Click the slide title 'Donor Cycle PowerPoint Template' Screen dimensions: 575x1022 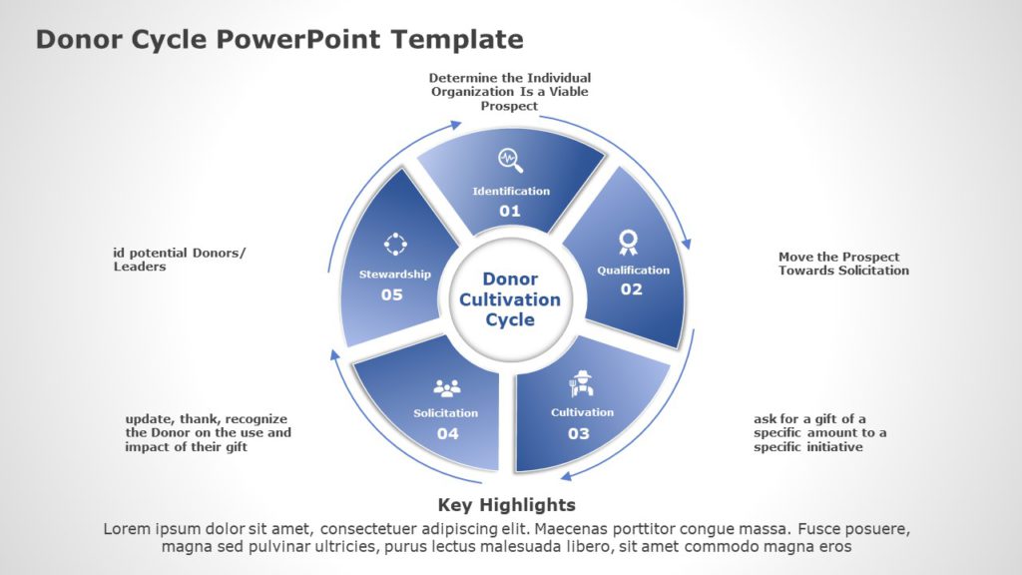tap(279, 39)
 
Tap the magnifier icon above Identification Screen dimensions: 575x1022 tap(511, 160)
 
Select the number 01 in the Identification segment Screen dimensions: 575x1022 tap(510, 211)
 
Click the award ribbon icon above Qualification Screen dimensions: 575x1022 tap(628, 242)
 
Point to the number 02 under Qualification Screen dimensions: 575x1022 tap(632, 289)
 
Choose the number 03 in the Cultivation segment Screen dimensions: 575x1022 tap(579, 433)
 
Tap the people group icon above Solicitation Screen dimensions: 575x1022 tap(446, 387)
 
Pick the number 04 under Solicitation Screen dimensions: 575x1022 tap(447, 433)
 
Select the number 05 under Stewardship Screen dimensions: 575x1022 tap(392, 294)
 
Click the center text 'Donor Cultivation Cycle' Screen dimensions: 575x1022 tap(510, 299)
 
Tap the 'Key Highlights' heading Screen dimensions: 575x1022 tap(507, 504)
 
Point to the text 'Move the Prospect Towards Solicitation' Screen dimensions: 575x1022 tap(843, 264)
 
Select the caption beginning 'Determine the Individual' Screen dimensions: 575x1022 tap(510, 91)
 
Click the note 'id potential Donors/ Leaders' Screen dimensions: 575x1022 tap(179, 260)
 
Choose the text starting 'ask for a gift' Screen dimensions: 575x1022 tap(819, 432)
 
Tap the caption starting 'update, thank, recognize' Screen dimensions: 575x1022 tap(208, 432)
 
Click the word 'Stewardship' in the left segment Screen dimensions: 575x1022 tap(395, 274)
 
